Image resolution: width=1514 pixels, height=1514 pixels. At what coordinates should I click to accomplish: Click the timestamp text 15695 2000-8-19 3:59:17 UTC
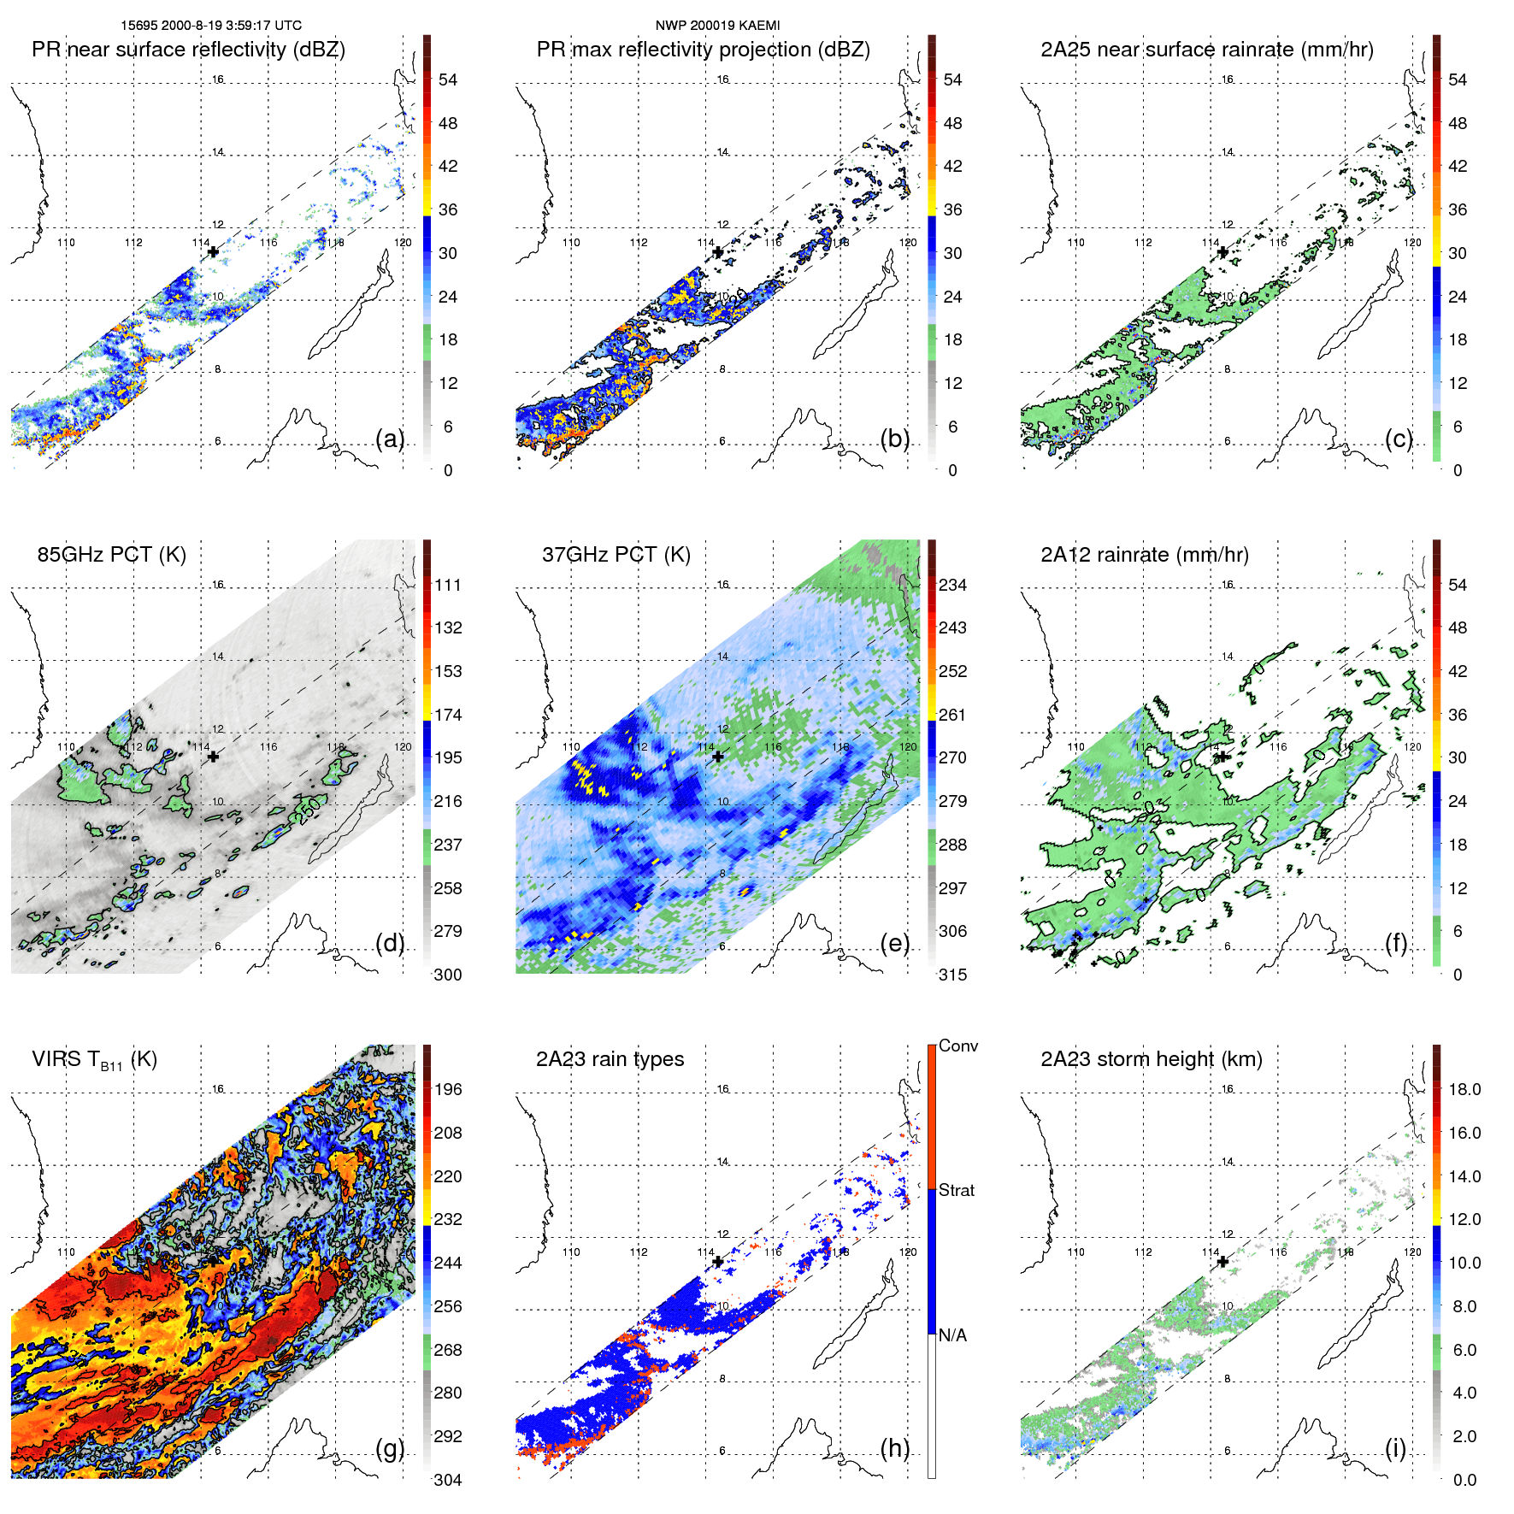pos(210,26)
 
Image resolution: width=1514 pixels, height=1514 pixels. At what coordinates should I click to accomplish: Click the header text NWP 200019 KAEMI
pos(717,26)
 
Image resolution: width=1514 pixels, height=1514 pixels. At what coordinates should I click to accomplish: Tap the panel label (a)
pos(390,439)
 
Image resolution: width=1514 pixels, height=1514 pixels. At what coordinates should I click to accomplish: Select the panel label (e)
pos(895,944)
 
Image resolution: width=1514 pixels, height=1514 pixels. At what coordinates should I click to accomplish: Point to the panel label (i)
pos(1395,1448)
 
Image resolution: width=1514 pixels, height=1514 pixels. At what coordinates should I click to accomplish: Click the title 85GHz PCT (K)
pos(111,555)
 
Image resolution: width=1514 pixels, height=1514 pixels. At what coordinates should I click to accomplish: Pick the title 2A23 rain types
pos(610,1059)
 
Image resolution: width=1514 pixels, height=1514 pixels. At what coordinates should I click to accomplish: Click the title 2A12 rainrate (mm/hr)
pos(1144,555)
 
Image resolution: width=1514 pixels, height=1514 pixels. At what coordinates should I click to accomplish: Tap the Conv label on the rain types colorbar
pos(957,1046)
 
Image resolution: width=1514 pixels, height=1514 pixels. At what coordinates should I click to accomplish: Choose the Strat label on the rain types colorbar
pos(956,1190)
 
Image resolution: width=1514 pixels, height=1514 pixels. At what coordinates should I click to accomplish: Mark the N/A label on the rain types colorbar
pos(952,1335)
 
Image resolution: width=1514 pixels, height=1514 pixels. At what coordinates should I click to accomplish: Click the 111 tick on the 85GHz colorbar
pos(448,586)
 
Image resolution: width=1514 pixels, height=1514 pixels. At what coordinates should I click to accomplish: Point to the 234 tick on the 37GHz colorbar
pos(952,586)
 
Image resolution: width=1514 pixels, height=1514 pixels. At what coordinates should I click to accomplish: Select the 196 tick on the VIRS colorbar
pos(448,1090)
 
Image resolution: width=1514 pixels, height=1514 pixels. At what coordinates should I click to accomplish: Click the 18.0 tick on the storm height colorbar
pos(1464,1090)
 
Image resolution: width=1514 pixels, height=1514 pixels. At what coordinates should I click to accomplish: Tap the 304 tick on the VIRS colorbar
pos(448,1480)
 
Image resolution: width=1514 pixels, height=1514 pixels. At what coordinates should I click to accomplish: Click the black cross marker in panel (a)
pos(213,252)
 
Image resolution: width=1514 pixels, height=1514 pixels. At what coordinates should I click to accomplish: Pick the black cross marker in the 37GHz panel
pos(718,757)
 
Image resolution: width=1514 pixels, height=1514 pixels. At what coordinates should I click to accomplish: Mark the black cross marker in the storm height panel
pos(1222,1262)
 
